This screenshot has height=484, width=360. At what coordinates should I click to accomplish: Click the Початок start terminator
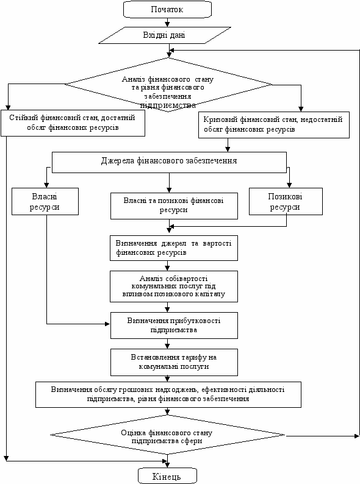pyautogui.click(x=167, y=9)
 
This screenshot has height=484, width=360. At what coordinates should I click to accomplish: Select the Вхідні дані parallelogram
pyautogui.click(x=165, y=35)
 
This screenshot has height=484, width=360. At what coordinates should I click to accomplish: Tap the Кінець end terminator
pyautogui.click(x=167, y=475)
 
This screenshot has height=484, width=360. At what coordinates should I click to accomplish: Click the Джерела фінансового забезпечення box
pyautogui.click(x=169, y=162)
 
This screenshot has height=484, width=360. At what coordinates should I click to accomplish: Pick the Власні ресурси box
pyautogui.click(x=45, y=201)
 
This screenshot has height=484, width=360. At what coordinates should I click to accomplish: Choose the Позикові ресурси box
pyautogui.click(x=286, y=201)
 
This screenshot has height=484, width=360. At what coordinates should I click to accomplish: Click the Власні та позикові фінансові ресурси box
pyautogui.click(x=174, y=206)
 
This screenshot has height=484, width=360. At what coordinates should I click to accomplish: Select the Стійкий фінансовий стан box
pyautogui.click(x=73, y=123)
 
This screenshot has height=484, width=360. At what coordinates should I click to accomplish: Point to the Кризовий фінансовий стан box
pyautogui.click(x=274, y=125)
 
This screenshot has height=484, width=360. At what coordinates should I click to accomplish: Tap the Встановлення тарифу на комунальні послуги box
pyautogui.click(x=174, y=362)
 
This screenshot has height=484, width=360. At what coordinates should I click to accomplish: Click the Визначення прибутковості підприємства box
pyautogui.click(x=174, y=326)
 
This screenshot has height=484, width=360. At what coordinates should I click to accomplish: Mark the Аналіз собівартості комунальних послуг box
pyautogui.click(x=174, y=286)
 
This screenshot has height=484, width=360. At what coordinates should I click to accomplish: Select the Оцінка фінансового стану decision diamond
pyautogui.click(x=167, y=435)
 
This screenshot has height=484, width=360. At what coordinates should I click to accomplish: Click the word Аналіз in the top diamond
pyautogui.click(x=134, y=79)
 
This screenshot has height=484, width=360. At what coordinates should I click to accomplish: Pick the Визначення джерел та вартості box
pyautogui.click(x=174, y=248)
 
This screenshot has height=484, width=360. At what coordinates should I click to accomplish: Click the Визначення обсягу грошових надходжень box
pyautogui.click(x=168, y=394)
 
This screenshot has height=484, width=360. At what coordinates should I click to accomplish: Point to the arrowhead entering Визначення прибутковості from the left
pyautogui.click(x=108, y=324)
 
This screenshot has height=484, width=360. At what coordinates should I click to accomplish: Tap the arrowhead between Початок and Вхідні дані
pyautogui.click(x=167, y=24)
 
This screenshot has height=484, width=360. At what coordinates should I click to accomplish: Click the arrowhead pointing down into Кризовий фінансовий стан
pyautogui.click(x=301, y=109)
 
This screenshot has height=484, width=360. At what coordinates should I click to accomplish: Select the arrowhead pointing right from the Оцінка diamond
pyautogui.click(x=357, y=436)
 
